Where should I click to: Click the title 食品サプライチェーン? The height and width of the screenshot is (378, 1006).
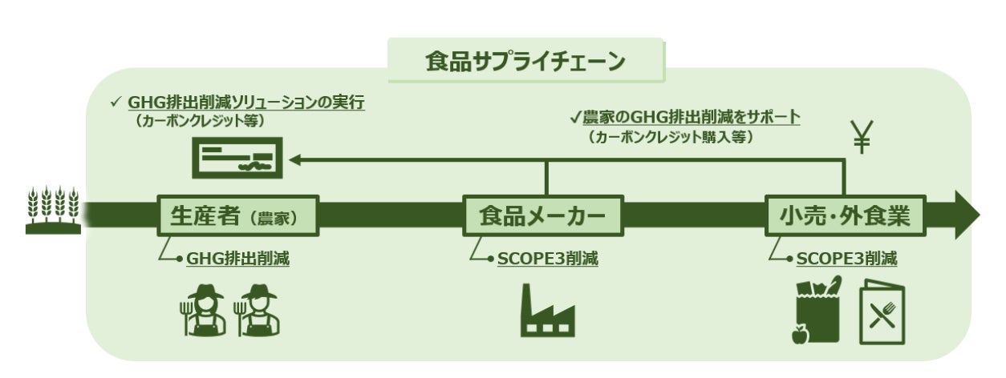[x=525, y=61]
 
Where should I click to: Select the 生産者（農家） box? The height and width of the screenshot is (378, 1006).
[x=238, y=215]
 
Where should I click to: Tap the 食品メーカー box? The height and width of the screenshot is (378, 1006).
[x=543, y=215]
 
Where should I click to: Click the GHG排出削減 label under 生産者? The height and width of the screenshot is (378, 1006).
[x=237, y=259]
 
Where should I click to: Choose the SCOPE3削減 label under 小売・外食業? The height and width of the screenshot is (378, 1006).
[x=846, y=259]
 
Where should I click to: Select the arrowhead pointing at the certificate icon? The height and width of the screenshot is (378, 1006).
[x=295, y=161]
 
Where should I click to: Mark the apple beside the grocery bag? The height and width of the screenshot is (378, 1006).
[x=799, y=334]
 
